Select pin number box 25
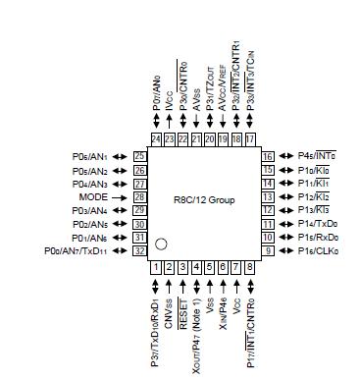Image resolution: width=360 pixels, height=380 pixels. pos(139,156)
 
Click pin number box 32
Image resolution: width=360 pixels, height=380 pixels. pos(139,251)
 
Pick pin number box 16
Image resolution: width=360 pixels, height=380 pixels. pos(266,156)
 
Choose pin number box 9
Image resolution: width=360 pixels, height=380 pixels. pos(266,251)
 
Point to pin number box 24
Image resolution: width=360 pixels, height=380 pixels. pos(156,138)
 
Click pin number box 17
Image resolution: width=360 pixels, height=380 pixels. pos(250,138)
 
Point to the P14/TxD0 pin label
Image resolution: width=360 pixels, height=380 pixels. pos(314,224)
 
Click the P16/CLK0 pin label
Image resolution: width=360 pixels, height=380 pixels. pos(314,251)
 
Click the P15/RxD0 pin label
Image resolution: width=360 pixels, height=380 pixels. pos(314,238)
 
